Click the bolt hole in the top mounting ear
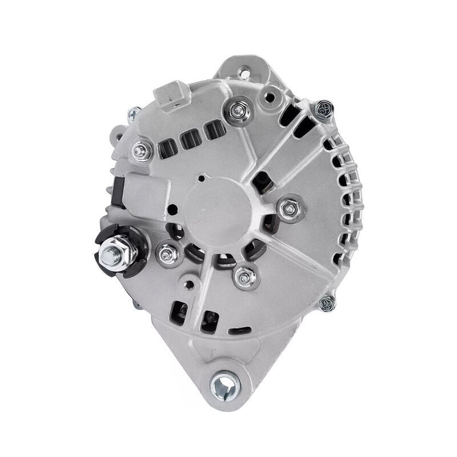click(x=244, y=73)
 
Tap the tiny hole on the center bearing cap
click(x=201, y=178)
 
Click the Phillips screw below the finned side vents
click(x=327, y=302)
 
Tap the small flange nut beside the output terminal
click(x=167, y=255)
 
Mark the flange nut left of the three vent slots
click(x=142, y=151)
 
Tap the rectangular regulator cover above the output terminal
click(x=139, y=191)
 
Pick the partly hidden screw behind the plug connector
click(x=134, y=113)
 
